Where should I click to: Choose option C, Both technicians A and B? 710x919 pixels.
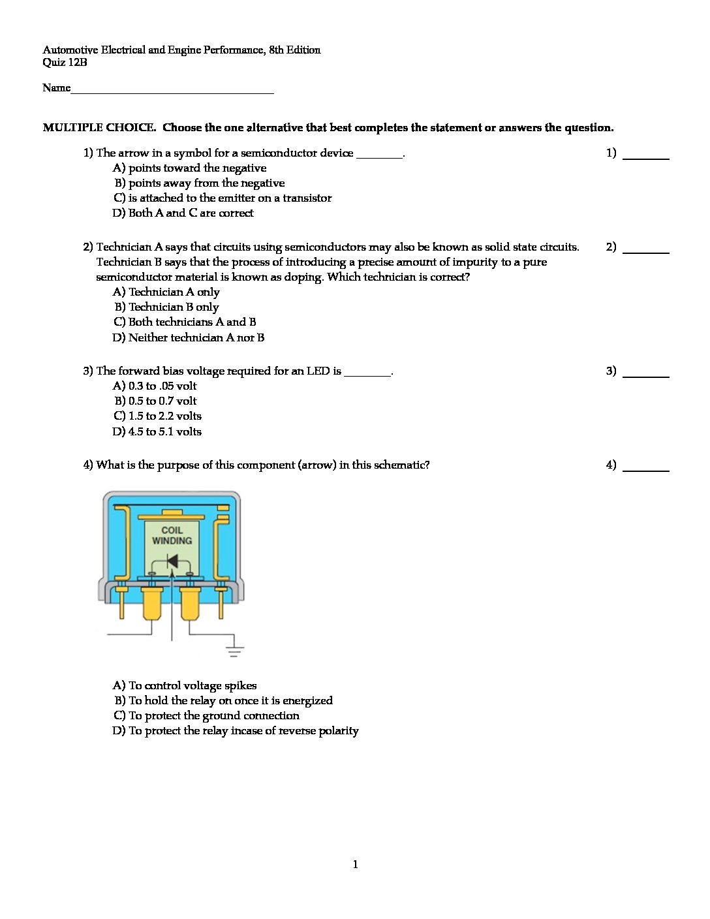point(185,322)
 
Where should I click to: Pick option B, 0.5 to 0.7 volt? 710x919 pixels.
point(155,401)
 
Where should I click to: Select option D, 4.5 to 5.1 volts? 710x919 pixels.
point(157,431)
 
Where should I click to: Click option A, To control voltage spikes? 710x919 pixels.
point(185,685)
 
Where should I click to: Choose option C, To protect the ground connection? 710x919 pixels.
point(206,715)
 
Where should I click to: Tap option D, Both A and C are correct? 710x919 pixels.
point(183,213)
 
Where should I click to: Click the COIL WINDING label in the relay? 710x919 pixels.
point(172,535)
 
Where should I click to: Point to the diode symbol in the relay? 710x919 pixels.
point(172,561)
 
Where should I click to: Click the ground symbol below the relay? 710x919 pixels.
point(234,650)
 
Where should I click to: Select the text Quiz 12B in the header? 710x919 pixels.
point(65,63)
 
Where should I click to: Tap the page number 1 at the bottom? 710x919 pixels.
point(355,865)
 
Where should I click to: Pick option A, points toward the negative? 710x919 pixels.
point(190,168)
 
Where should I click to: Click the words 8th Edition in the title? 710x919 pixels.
point(295,50)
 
